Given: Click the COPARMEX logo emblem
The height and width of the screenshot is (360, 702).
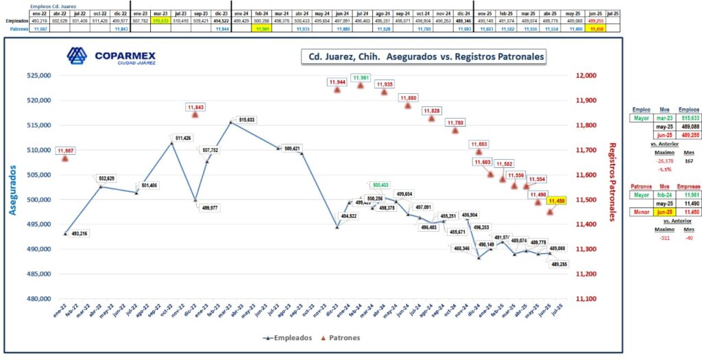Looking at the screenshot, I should (x=77, y=57).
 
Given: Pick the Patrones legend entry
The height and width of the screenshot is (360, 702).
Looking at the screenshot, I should (x=341, y=337).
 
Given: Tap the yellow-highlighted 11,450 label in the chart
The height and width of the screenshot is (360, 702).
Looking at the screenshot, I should (x=556, y=200).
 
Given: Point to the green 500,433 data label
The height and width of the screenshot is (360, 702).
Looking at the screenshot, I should (x=381, y=185).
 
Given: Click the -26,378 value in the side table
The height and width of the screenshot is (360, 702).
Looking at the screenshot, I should (x=646, y=160).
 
